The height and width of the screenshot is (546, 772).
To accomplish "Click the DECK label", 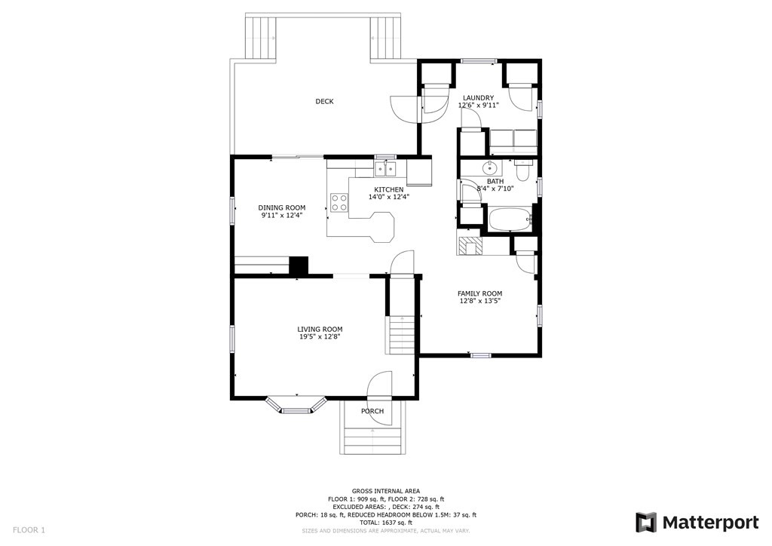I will (x=324, y=102).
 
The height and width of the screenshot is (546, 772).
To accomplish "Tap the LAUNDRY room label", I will (x=478, y=98).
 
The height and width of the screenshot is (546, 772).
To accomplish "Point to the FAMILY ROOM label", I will (x=479, y=293).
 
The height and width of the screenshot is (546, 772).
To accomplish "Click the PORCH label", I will (x=372, y=411).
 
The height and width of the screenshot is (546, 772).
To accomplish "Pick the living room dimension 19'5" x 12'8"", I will (x=320, y=337).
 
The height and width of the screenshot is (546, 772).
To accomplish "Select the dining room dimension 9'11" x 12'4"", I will (x=281, y=216).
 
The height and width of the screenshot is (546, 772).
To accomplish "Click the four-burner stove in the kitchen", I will (x=339, y=202).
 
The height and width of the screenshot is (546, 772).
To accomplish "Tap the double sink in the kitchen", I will (x=386, y=168).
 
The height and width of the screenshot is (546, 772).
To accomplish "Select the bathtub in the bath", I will (x=510, y=221).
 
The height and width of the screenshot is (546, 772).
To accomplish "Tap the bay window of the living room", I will (x=296, y=406).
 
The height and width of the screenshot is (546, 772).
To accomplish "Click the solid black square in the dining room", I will (x=299, y=266).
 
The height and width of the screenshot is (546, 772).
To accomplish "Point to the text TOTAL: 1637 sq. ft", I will (x=385, y=523).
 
